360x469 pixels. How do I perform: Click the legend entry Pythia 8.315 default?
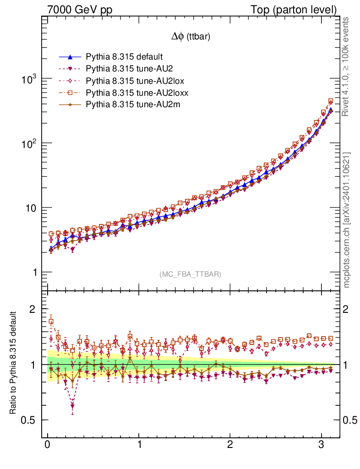(x=124, y=57)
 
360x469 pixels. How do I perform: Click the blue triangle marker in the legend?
(x=70, y=57)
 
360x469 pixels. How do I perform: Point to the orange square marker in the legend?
(x=70, y=93)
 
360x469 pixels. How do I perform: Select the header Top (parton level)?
(x=300, y=10)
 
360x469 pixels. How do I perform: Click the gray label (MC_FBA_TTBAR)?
(x=191, y=274)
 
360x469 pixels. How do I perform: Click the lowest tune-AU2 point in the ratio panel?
(x=72, y=406)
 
